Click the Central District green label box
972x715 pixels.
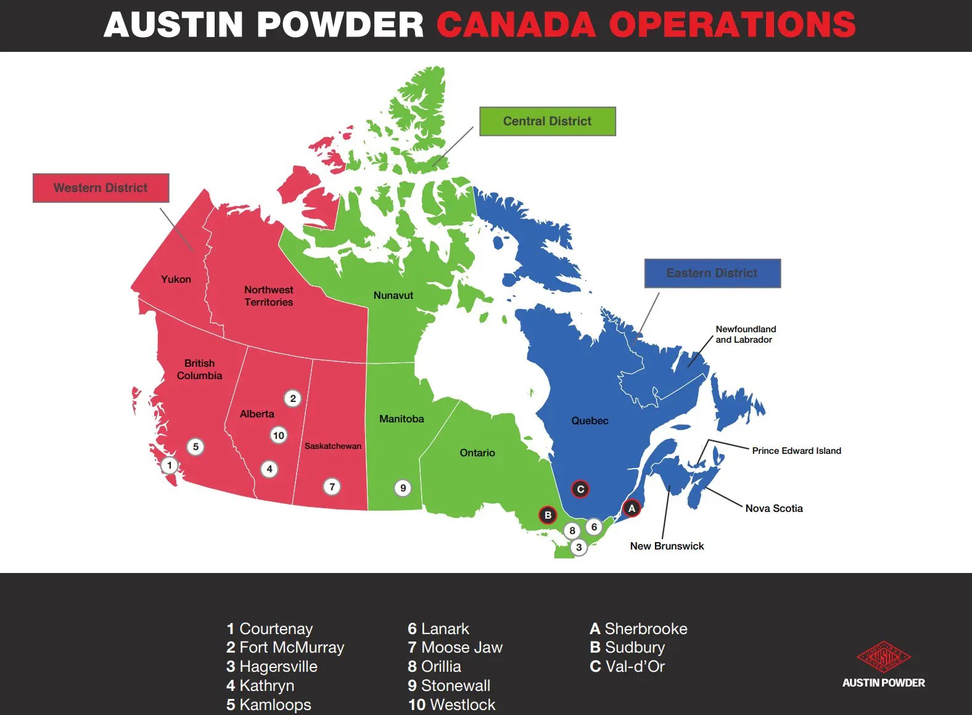(x=547, y=121)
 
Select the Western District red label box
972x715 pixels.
(x=101, y=188)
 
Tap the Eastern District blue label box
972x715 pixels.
(x=712, y=273)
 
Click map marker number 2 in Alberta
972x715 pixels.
(x=293, y=398)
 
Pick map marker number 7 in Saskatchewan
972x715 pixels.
(x=332, y=487)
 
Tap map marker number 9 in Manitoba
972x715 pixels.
(x=403, y=488)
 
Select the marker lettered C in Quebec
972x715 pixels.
(x=580, y=489)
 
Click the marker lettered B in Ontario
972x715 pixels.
(x=548, y=515)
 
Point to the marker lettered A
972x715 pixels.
(x=632, y=508)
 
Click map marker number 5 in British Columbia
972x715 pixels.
(x=196, y=446)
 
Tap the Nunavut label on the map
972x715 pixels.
(x=393, y=295)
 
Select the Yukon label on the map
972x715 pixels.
(x=176, y=279)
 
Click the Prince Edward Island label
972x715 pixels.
(x=796, y=451)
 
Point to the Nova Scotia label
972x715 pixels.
(x=774, y=508)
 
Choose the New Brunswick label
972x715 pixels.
(x=667, y=546)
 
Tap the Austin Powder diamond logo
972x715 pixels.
(x=883, y=657)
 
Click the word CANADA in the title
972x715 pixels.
(x=516, y=25)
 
